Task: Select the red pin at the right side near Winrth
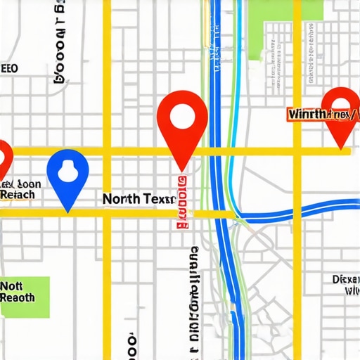click(340, 112)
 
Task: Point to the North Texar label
click(139, 199)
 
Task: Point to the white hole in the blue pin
click(67, 170)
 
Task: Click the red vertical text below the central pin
click(183, 204)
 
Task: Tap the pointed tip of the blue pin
click(67, 210)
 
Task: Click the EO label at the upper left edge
click(9, 69)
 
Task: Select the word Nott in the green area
click(12, 286)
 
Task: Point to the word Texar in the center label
click(158, 199)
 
